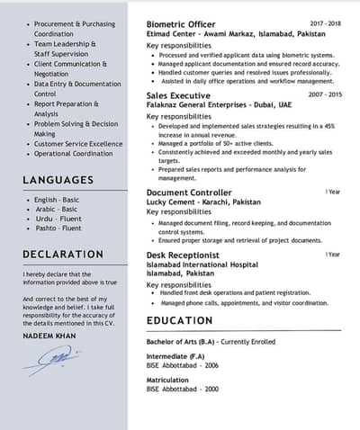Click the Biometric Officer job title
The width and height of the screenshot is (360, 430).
click(x=181, y=23)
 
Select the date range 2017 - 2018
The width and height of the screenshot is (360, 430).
click(x=325, y=22)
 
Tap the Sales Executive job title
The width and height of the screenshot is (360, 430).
click(x=177, y=94)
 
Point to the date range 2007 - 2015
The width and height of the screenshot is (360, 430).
click(x=325, y=94)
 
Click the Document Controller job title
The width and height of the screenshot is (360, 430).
click(x=188, y=193)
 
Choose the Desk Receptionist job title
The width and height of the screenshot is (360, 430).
click(x=183, y=255)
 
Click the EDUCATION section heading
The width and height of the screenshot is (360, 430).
click(x=180, y=320)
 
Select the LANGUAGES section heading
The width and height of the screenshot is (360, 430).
click(x=58, y=180)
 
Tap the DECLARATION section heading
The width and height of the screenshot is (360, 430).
click(x=62, y=254)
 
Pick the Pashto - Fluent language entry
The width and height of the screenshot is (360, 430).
click(x=57, y=228)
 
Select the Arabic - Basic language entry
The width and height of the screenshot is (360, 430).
click(x=56, y=209)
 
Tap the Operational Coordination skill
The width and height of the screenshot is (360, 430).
click(x=75, y=154)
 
